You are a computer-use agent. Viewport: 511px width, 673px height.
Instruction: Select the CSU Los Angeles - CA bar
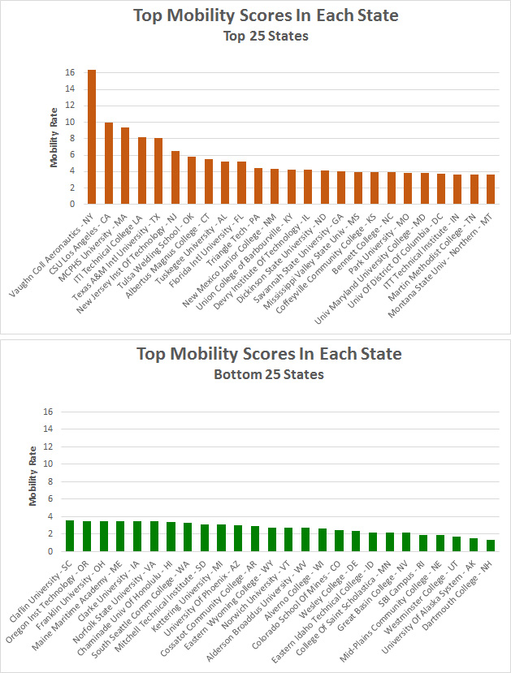108,163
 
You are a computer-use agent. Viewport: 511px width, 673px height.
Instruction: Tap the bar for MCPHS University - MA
125,166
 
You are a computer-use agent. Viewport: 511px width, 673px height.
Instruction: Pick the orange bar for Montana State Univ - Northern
491,189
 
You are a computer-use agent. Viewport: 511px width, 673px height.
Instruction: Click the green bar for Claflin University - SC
70,536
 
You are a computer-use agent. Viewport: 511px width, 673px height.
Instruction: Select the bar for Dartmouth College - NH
490,546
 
